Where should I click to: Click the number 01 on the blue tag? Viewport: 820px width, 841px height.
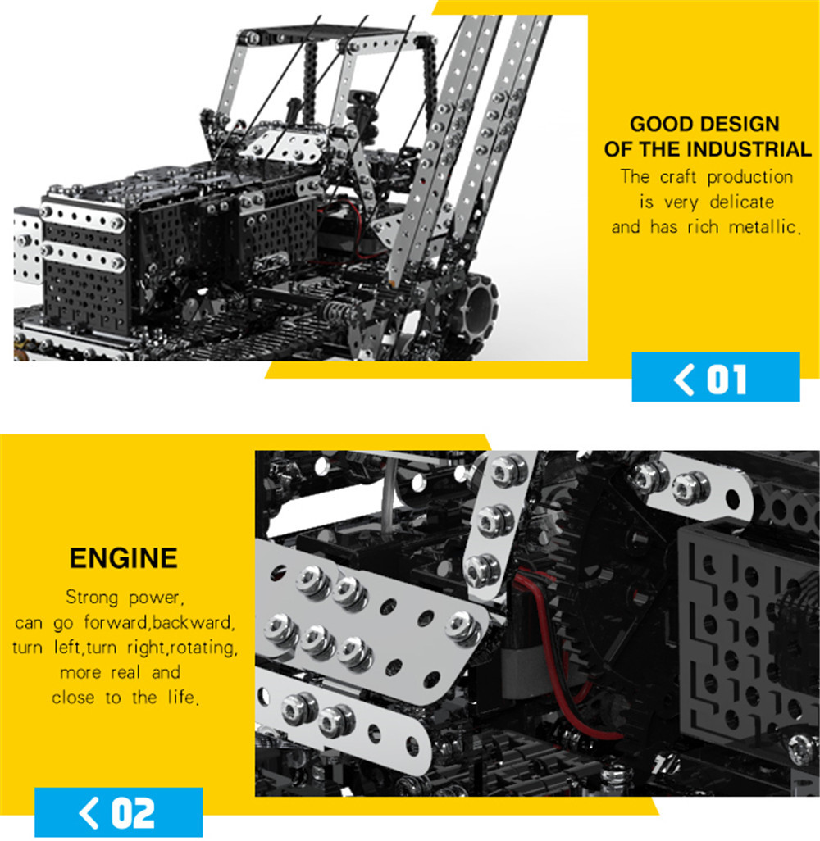pos(727,379)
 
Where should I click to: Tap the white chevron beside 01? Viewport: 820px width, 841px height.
pos(683,379)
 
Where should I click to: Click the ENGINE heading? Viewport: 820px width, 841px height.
pos(124,558)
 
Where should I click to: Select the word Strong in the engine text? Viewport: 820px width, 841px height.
pos(92,597)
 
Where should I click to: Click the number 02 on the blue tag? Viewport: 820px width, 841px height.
pos(133,813)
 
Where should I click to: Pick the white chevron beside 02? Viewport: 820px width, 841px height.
pos(89,813)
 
